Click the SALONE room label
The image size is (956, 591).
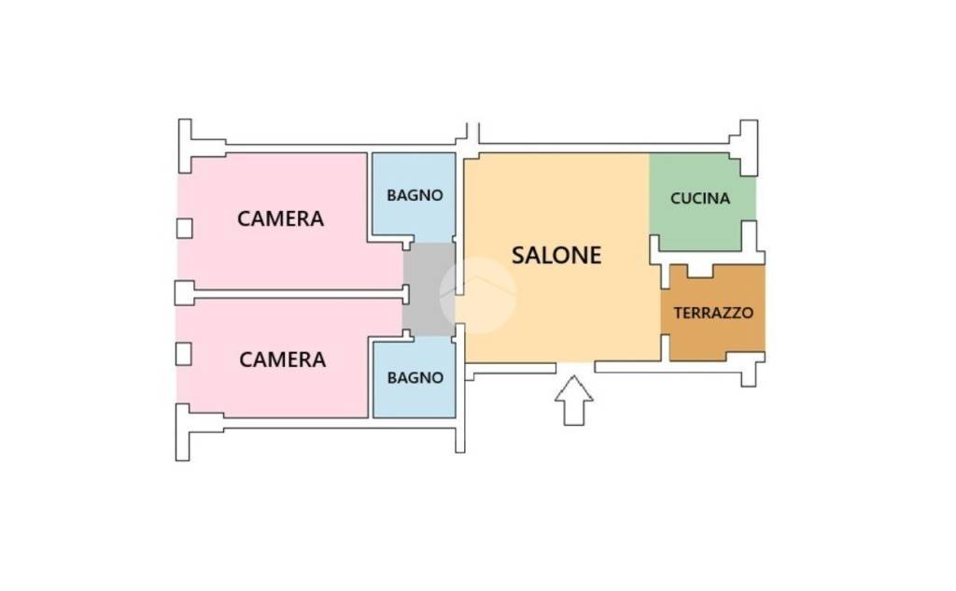556,255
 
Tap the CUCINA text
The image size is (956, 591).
699,199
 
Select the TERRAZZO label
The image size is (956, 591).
713,314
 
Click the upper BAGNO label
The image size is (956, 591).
415,196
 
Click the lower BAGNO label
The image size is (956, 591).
415,378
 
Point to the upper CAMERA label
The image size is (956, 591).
280,218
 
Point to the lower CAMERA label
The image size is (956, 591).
282,359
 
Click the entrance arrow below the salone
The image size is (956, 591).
573,400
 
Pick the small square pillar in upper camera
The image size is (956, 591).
184,228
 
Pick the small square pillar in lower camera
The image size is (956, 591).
184,353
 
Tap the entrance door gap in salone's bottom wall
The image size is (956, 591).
574,366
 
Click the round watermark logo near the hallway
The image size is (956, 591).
477,294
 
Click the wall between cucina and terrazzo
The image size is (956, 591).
710,258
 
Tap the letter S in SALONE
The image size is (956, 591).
518,255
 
